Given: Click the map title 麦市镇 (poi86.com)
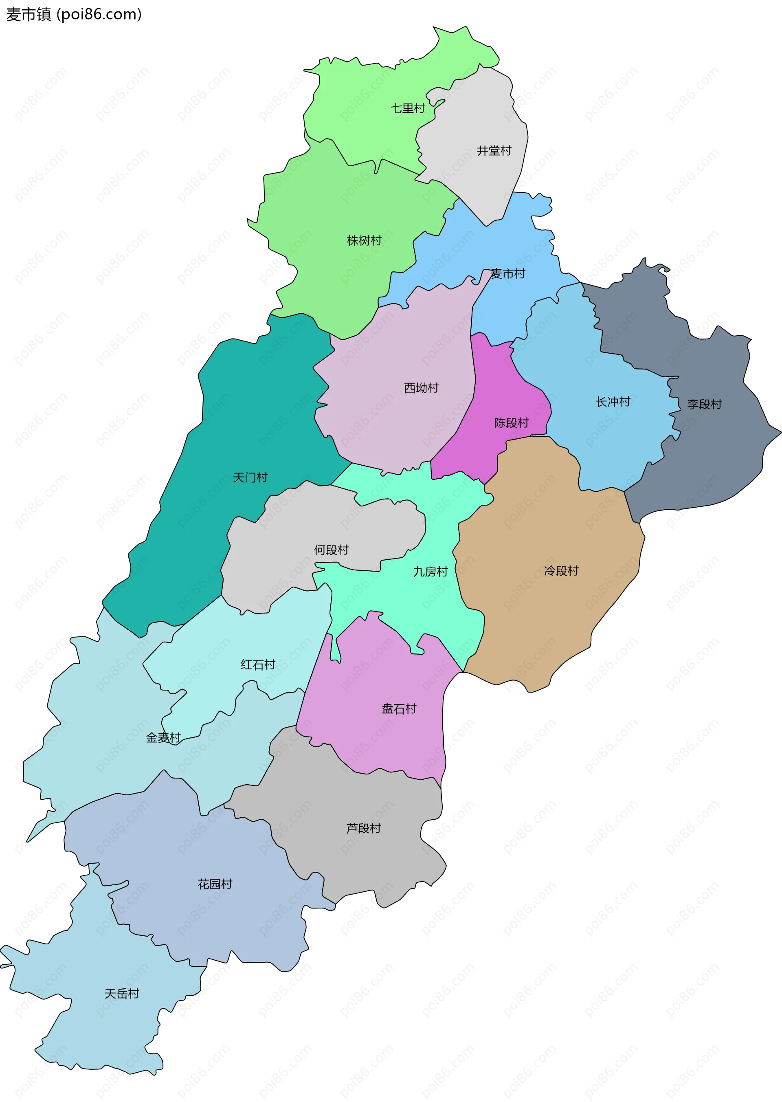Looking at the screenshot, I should click(x=74, y=14).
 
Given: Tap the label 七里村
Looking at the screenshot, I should click(x=407, y=108).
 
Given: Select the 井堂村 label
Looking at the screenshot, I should click(x=494, y=151).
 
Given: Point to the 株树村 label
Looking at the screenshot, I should click(x=364, y=240).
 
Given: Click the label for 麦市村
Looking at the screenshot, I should click(x=507, y=274).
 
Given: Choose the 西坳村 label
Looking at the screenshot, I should click(x=421, y=388).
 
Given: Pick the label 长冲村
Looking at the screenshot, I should click(x=613, y=402).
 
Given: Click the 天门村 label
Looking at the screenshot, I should click(x=250, y=477).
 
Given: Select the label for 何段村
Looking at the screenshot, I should click(x=331, y=550).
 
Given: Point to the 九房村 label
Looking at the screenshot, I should click(x=430, y=572).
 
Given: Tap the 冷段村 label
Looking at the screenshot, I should click(x=561, y=571).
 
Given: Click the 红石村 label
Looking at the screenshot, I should click(x=258, y=665).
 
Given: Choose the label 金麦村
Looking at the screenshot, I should click(x=163, y=737).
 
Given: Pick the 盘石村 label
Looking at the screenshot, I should click(x=399, y=708).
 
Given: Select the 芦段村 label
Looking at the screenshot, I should click(x=364, y=828).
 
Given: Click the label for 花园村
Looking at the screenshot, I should click(x=215, y=884).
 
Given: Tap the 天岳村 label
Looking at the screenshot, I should click(x=121, y=994).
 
